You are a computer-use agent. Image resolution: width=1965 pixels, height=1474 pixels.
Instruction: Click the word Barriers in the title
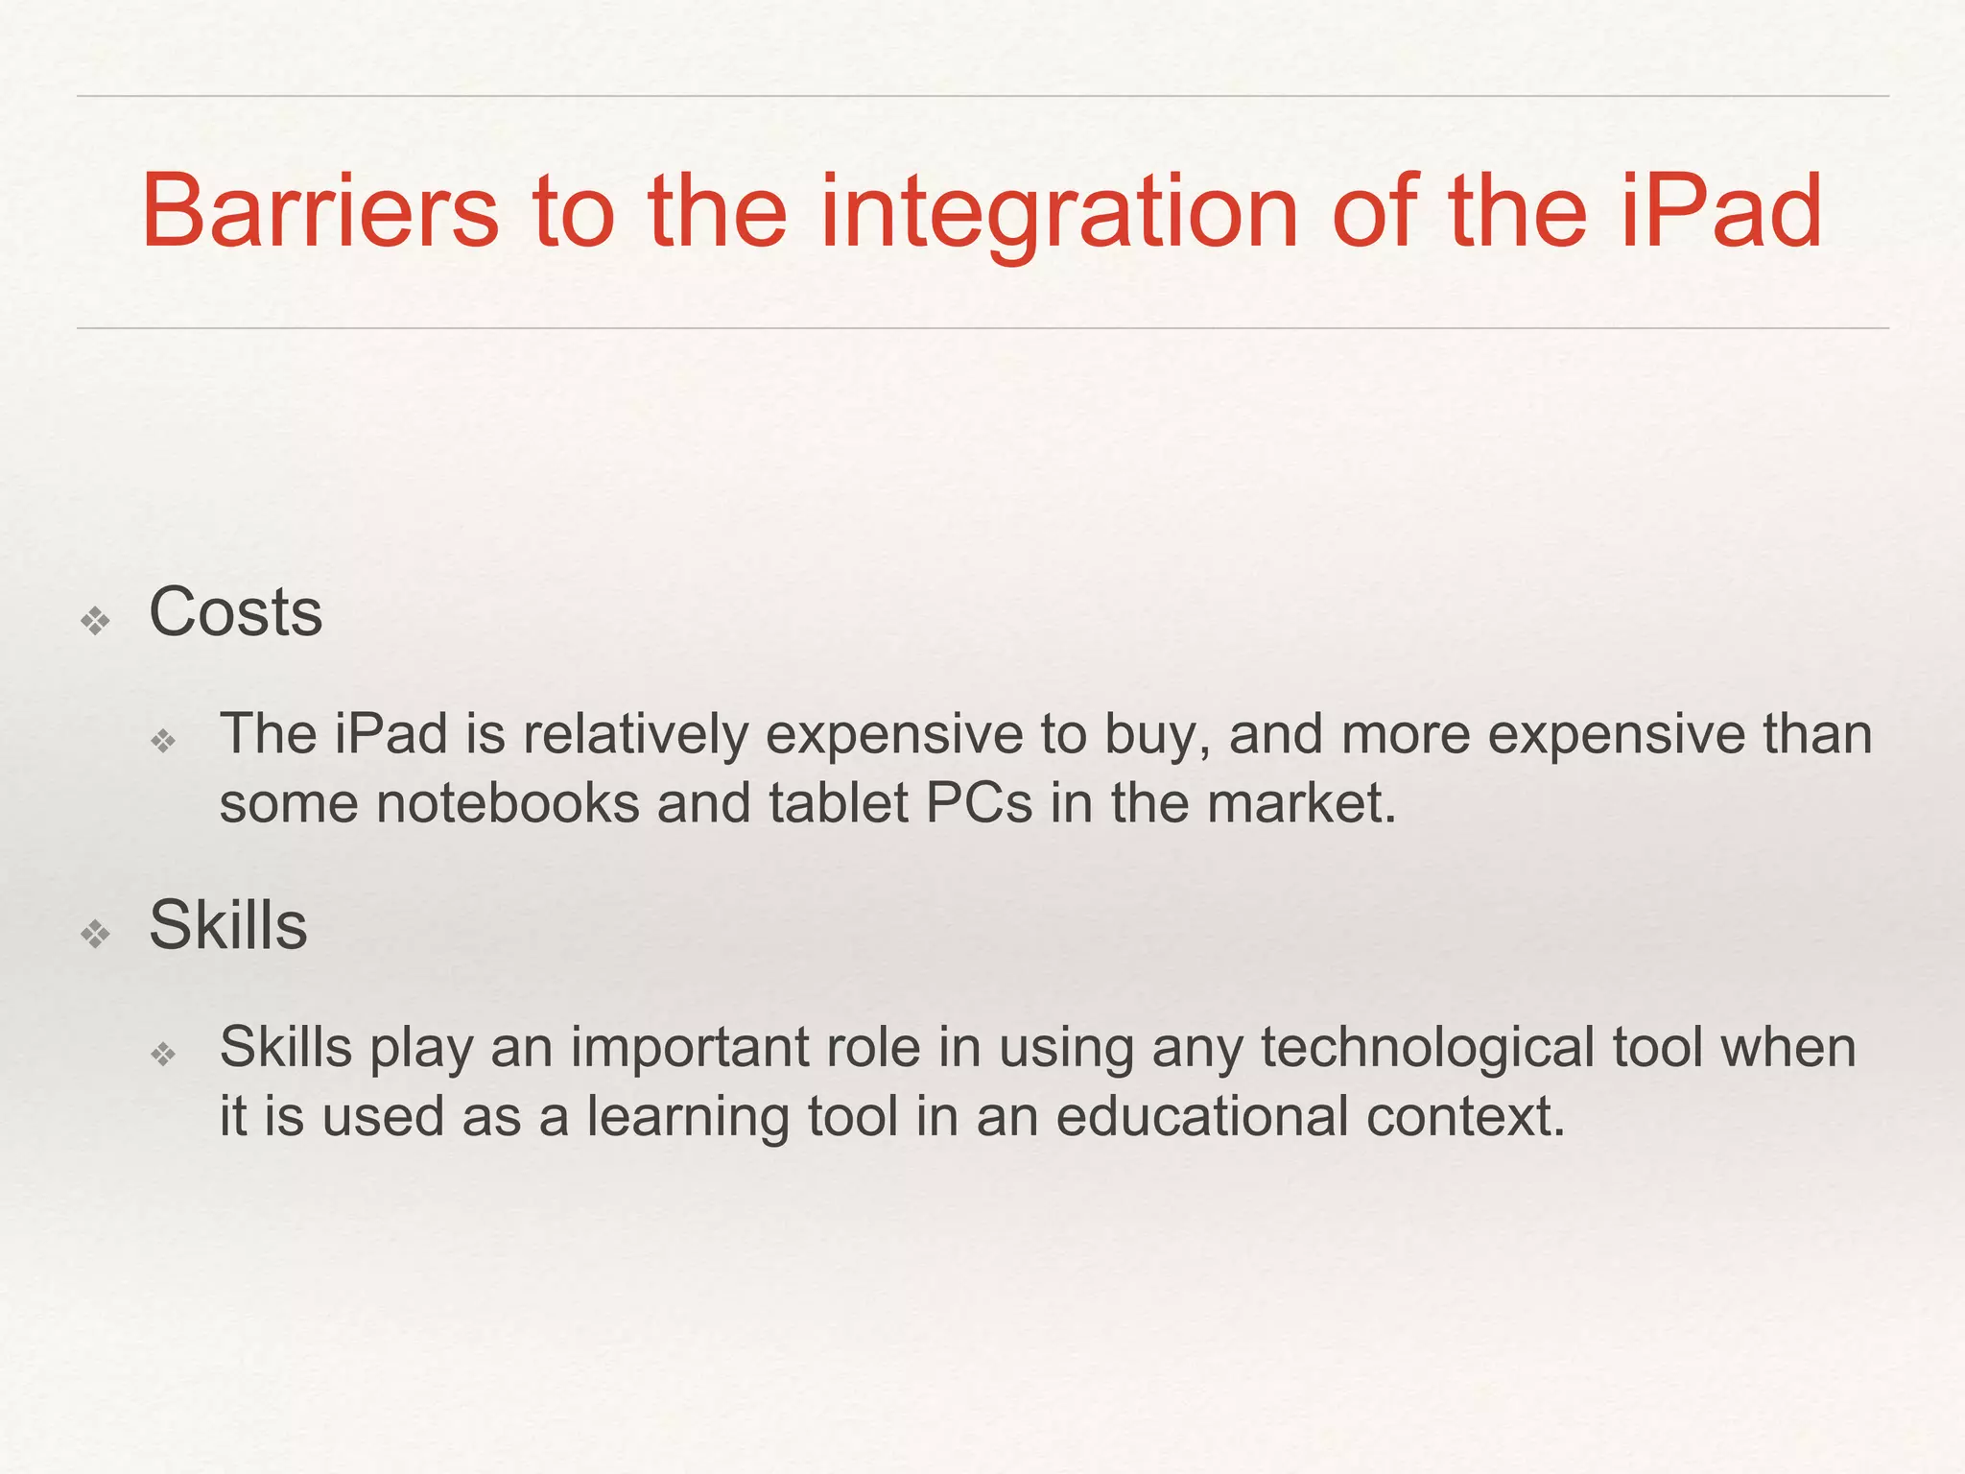(x=320, y=210)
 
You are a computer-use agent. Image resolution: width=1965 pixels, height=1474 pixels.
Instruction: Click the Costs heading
(x=235, y=612)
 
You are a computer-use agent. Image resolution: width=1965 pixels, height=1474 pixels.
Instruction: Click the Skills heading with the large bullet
(x=228, y=925)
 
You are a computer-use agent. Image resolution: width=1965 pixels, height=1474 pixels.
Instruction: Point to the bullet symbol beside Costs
(x=96, y=623)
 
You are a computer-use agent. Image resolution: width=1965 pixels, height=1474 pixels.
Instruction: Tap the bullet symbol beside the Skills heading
(x=96, y=935)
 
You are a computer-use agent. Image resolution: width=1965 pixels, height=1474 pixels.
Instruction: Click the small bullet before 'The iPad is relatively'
(x=164, y=741)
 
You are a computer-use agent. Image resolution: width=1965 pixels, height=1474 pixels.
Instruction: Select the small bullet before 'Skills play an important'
(x=164, y=1055)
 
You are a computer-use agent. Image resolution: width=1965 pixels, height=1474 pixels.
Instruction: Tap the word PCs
(x=979, y=803)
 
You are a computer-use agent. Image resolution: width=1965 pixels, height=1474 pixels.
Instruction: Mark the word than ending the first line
(x=1817, y=734)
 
